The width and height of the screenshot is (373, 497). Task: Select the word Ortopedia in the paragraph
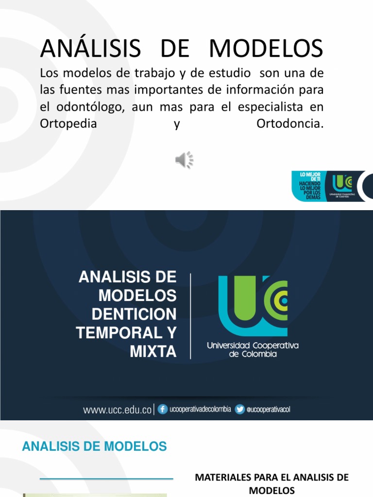(x=68, y=124)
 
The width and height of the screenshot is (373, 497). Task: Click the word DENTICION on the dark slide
(x=134, y=314)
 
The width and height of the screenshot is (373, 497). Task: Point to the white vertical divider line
(x=190, y=315)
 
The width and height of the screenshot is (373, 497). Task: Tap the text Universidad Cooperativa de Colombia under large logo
(x=253, y=349)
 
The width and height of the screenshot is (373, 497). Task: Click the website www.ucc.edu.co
(x=118, y=410)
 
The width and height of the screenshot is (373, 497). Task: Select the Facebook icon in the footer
(x=163, y=410)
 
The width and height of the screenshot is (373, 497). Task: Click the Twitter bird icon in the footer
(x=240, y=410)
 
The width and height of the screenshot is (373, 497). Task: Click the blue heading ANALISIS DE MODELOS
(x=95, y=447)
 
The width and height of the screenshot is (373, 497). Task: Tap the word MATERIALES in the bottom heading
(x=218, y=478)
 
